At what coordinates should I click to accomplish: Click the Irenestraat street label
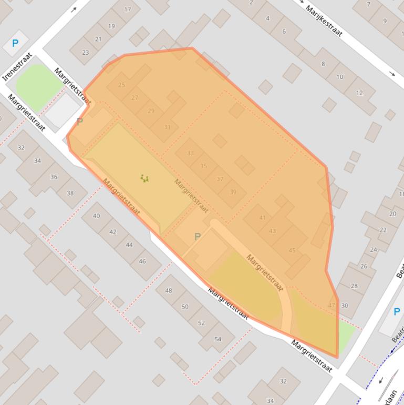17,66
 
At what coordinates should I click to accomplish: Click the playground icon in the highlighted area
144,178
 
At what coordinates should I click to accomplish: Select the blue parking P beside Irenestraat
15,44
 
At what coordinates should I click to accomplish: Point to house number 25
122,85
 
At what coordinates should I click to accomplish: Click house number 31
167,127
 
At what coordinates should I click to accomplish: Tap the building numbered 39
233,192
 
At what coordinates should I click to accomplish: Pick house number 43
272,231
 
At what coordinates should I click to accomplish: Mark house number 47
332,305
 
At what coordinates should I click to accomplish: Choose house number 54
217,339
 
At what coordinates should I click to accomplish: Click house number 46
142,261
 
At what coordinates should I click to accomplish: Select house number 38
70,193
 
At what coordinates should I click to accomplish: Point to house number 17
128,9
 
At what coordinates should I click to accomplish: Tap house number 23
85,52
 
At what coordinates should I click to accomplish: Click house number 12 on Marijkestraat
359,93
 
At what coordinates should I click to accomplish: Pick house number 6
284,32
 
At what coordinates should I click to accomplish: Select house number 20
392,214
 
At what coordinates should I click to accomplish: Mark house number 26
364,266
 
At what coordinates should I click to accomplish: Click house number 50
185,307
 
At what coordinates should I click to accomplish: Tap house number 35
203,166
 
